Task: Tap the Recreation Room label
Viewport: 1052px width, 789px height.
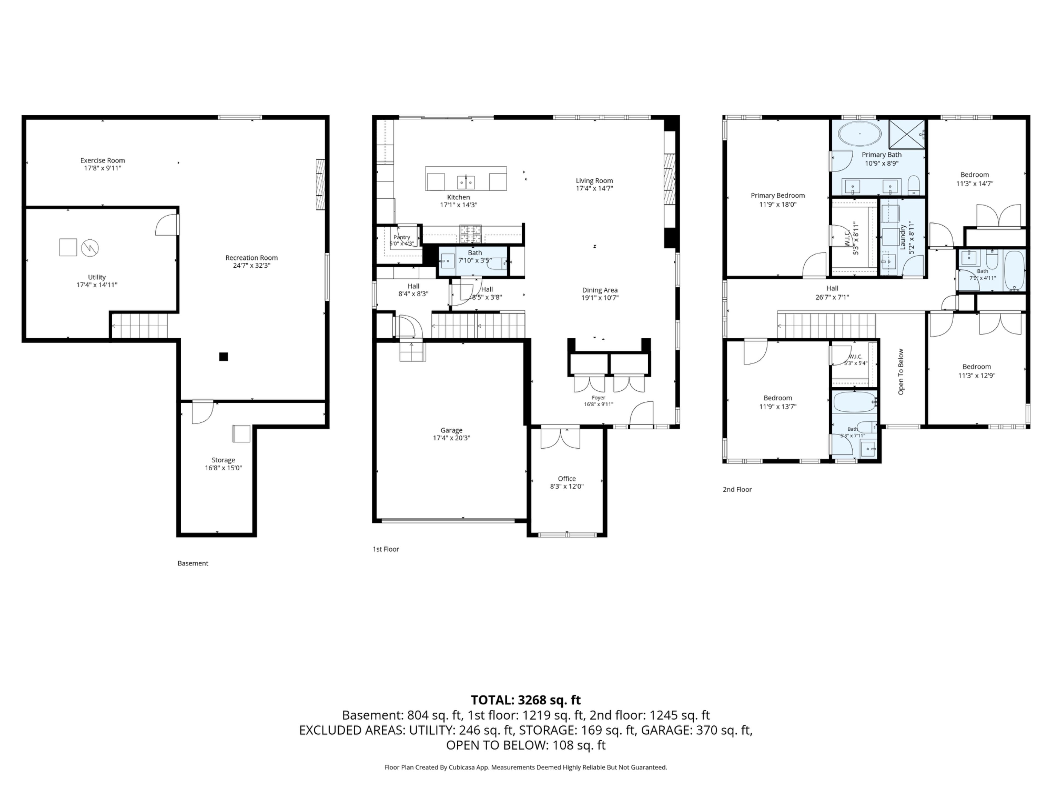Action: point(251,258)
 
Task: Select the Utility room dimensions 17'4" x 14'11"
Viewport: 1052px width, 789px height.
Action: point(97,285)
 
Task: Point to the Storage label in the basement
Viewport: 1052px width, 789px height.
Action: point(224,460)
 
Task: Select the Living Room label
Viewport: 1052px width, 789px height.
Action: point(594,181)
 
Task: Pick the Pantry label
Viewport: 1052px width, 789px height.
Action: point(402,237)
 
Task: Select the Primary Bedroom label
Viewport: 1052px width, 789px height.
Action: point(778,195)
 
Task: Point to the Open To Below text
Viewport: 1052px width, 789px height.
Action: point(901,372)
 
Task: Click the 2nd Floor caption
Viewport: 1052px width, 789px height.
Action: point(737,489)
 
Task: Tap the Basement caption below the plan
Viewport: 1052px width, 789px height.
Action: point(193,563)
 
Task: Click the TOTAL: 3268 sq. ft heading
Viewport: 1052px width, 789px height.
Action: point(526,700)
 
